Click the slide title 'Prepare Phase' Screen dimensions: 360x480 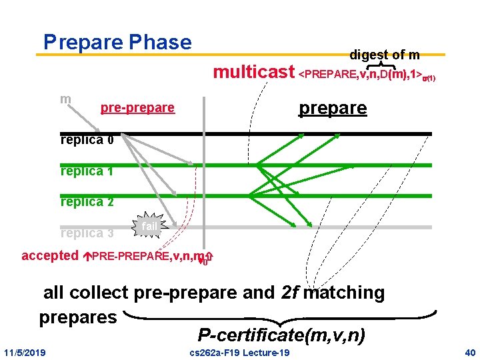(x=117, y=42)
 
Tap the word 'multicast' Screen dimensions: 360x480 (x=253, y=71)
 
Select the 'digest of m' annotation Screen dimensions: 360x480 (x=384, y=54)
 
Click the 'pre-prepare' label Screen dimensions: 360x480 (x=137, y=107)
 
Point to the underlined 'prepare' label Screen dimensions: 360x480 (x=333, y=108)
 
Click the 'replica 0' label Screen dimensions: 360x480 (x=87, y=140)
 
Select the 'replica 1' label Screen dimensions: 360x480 (x=86, y=171)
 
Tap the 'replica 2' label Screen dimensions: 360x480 (x=87, y=201)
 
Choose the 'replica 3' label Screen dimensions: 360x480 (x=87, y=233)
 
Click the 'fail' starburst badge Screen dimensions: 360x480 (x=149, y=227)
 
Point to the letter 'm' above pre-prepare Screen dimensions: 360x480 (x=65, y=99)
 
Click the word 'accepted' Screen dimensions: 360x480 (x=50, y=255)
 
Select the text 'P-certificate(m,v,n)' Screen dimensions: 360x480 (x=281, y=335)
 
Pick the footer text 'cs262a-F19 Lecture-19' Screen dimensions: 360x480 (x=239, y=352)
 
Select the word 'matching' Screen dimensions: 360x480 (x=343, y=292)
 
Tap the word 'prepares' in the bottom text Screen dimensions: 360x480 (x=78, y=317)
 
